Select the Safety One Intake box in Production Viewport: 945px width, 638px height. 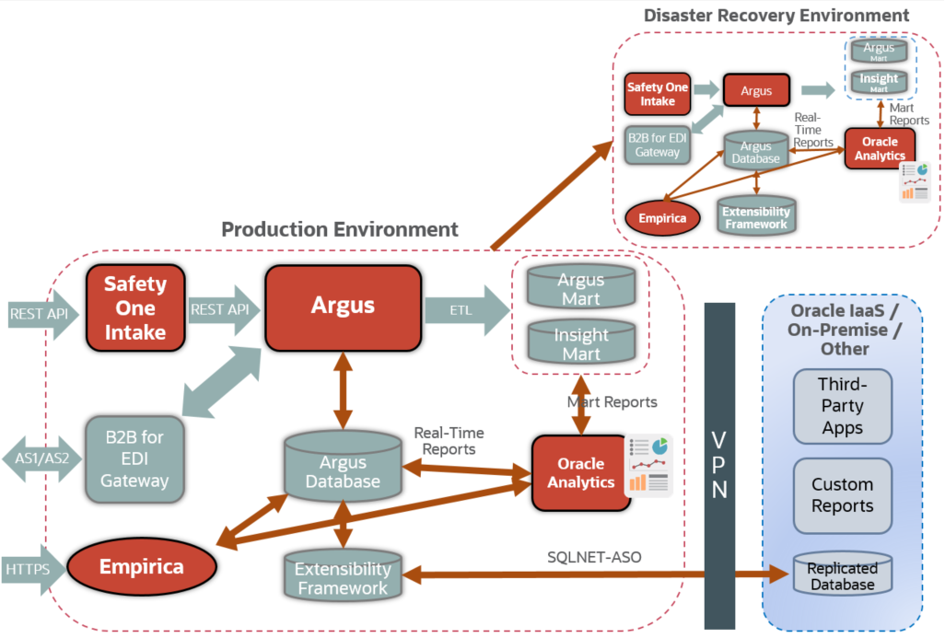[134, 308]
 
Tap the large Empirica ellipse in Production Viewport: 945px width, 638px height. [141, 566]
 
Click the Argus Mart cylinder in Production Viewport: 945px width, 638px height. [580, 288]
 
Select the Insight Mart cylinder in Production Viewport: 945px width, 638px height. [580, 343]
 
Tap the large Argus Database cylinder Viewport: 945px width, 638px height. [344, 470]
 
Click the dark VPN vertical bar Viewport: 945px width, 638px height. [719, 465]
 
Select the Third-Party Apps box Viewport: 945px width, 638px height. [842, 406]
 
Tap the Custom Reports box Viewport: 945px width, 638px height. [842, 494]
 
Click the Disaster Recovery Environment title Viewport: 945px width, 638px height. [776, 16]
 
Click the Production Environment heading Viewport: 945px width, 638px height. [339, 228]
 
